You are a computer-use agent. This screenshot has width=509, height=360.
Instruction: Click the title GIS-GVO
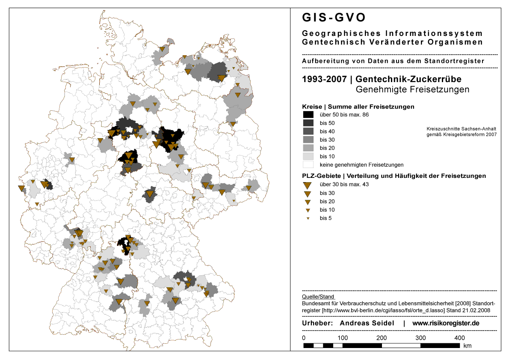coord(334,18)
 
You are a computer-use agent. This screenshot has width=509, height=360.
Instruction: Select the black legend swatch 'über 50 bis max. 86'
coord(308,115)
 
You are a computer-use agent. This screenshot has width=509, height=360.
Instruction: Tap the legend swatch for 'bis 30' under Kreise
coord(308,140)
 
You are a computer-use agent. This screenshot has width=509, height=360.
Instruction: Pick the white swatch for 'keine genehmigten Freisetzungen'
coord(308,165)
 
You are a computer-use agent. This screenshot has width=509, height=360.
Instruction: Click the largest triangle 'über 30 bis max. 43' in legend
coord(307,185)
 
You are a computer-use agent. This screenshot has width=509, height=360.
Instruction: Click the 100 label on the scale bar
coord(342,338)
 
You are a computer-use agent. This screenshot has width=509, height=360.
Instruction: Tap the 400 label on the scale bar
coord(459,338)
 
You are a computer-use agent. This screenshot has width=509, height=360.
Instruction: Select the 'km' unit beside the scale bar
coord(467,345)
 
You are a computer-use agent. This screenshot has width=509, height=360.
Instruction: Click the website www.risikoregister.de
coord(446,323)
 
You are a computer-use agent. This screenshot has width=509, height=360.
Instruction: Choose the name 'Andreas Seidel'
coord(367,323)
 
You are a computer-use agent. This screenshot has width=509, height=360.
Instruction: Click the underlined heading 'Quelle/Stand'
coord(318,296)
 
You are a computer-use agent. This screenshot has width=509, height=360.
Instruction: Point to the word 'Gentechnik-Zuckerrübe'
coord(408,79)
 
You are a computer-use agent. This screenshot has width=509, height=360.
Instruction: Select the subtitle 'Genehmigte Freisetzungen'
coord(412,89)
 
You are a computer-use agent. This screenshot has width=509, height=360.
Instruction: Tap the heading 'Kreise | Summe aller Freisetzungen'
coord(358,106)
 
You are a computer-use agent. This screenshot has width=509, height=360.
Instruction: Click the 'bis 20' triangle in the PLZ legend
coord(307,202)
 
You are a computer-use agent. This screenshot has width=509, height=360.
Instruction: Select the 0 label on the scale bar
coord(304,338)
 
